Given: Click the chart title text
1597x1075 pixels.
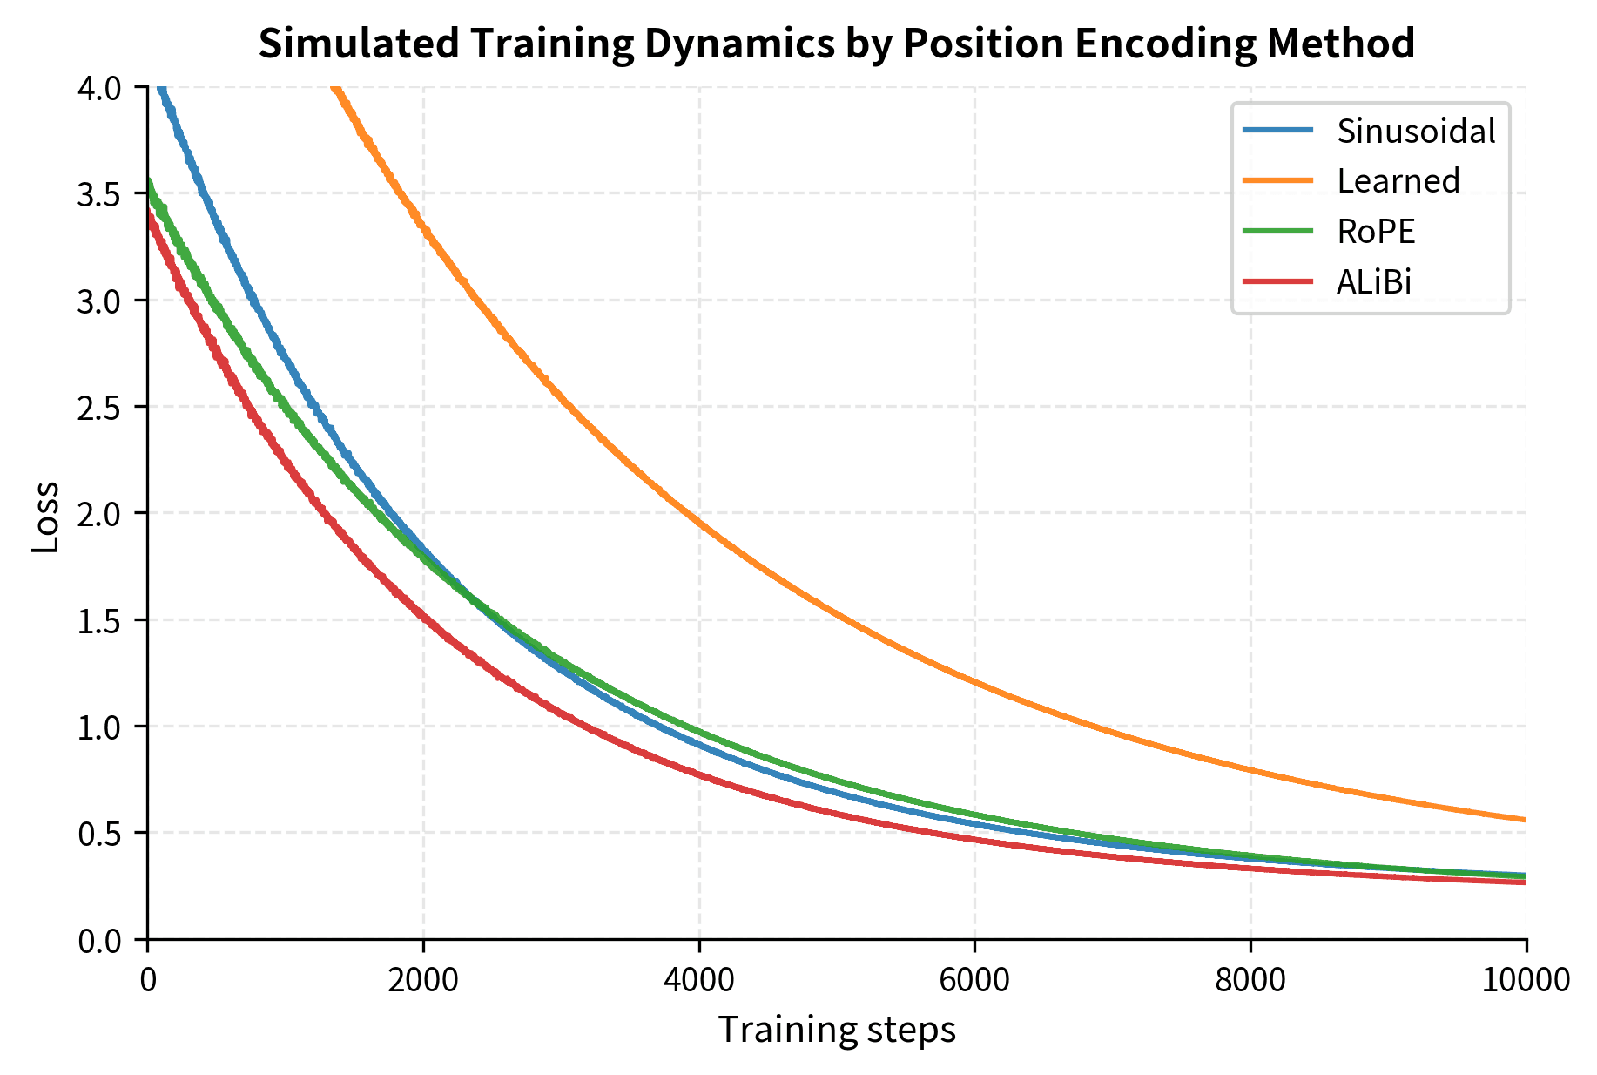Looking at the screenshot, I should tap(836, 44).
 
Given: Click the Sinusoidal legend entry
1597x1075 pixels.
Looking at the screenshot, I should tap(1415, 131).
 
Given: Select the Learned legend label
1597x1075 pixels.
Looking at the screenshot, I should tap(1398, 181).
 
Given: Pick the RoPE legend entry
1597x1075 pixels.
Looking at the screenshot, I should tap(1376, 232).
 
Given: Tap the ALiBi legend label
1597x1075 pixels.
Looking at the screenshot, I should tap(1373, 282).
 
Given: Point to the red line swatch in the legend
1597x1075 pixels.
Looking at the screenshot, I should tap(1277, 282).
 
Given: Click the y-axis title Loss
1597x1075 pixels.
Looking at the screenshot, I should tap(45, 516).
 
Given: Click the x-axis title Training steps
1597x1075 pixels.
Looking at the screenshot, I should tap(836, 1031).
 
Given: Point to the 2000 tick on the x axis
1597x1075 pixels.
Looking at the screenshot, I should tap(423, 980).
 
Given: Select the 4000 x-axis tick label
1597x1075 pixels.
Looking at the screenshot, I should tap(699, 980).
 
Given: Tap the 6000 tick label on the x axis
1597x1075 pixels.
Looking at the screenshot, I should tap(974, 980).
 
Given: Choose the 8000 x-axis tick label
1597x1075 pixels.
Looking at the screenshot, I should tap(1250, 980).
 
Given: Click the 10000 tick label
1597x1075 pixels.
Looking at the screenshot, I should tap(1525, 980).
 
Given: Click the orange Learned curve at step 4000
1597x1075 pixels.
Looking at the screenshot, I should tap(699, 521).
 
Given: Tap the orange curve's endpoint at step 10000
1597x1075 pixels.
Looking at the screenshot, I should tap(1525, 820).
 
